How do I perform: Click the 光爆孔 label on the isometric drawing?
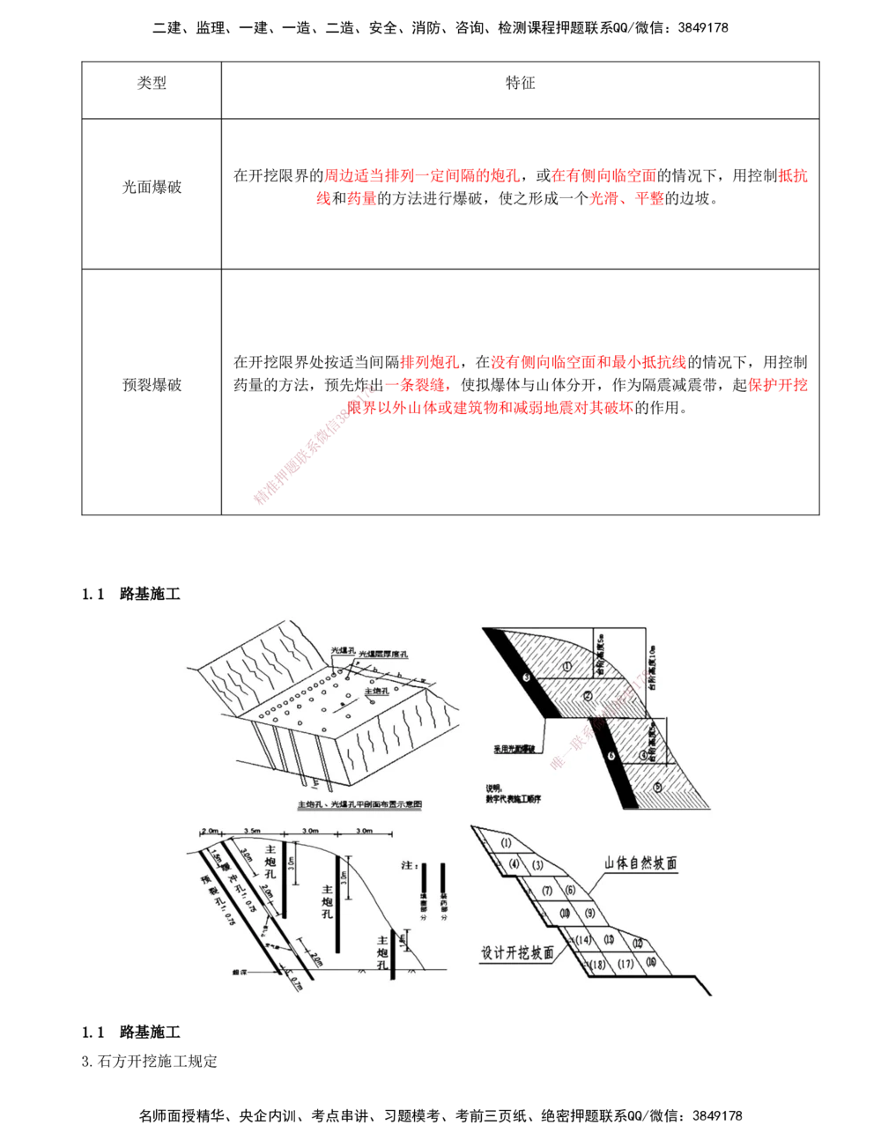341,649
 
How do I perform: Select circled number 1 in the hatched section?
566,665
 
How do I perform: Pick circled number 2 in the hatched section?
586,697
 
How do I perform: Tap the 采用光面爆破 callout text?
514,751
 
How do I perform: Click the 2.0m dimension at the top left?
210,831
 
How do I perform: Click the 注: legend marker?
407,867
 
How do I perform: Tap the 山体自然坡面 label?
640,864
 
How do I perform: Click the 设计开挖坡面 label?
518,951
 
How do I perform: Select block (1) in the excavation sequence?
506,843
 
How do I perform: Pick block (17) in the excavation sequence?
626,964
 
